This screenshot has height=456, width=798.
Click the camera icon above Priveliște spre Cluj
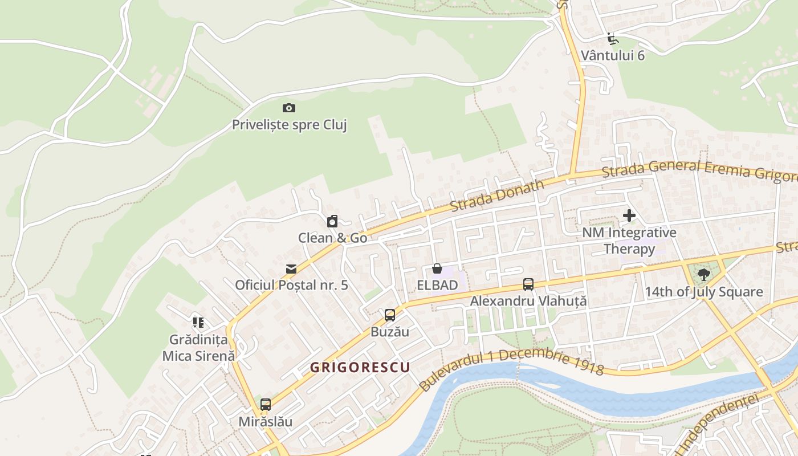pos(289,108)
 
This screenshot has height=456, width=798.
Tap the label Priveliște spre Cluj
pos(289,125)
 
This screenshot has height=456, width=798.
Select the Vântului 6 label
pos(613,55)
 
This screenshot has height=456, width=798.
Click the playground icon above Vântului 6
pos(612,39)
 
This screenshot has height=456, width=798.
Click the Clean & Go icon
pos(332,221)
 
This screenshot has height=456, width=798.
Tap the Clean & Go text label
pos(332,238)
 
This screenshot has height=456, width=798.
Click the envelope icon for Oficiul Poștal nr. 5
pos(291,268)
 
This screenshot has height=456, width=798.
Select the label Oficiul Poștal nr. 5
pos(291,285)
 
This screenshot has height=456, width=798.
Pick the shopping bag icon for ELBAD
pos(437,268)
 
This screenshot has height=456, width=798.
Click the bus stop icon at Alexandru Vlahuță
pos(528,284)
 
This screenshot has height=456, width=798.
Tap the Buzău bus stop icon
pos(390,315)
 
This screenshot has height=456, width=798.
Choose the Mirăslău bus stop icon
pos(266,405)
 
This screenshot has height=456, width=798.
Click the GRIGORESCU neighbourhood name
pos(360,367)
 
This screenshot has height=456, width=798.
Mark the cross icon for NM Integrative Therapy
pos(629,215)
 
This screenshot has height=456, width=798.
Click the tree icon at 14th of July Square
pos(704,275)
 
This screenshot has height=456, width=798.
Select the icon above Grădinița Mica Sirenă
pos(198,323)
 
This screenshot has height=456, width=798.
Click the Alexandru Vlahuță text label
pos(528,301)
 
